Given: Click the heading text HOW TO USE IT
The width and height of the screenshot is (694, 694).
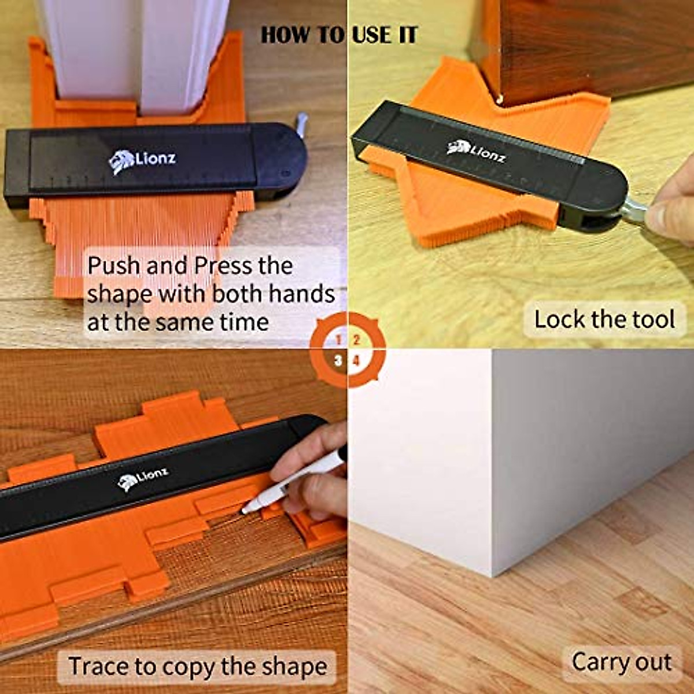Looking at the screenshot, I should (x=338, y=35).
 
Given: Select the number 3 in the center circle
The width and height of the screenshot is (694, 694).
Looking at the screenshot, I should (x=338, y=361).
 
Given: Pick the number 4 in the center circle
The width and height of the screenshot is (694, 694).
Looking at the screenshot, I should (x=357, y=361).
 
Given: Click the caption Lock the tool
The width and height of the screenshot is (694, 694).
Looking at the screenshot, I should (x=604, y=320).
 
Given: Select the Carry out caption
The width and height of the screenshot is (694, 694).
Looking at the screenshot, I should (x=621, y=662).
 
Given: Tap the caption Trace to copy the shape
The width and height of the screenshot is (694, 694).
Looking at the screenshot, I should (x=197, y=666).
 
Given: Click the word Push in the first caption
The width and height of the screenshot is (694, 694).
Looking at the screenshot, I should (x=113, y=266).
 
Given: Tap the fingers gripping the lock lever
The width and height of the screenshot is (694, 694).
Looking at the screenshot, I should (x=671, y=211).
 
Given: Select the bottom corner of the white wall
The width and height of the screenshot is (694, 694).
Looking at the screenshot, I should (x=493, y=575).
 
